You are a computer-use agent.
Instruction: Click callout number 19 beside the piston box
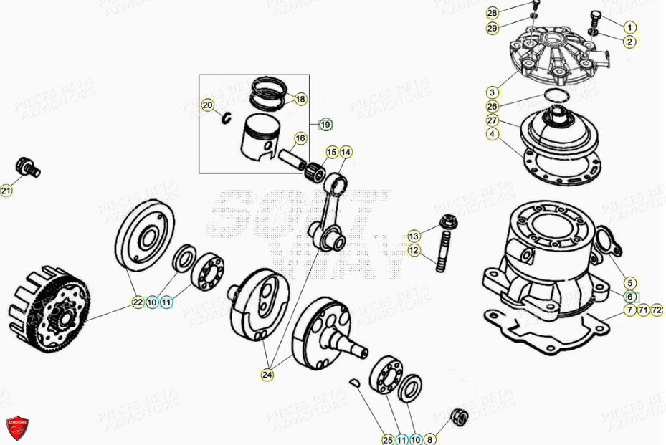(x=325, y=124)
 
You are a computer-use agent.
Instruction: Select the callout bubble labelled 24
(x=267, y=373)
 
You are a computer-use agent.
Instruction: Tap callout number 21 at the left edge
(x=6, y=191)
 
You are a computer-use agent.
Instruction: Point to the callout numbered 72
(x=657, y=310)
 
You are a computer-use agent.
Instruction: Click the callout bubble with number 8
(x=430, y=439)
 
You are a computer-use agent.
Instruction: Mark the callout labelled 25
(x=387, y=439)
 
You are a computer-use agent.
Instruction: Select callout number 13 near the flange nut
(x=414, y=236)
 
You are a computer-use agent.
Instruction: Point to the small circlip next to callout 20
(x=224, y=118)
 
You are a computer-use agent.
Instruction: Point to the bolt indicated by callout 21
(x=28, y=167)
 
